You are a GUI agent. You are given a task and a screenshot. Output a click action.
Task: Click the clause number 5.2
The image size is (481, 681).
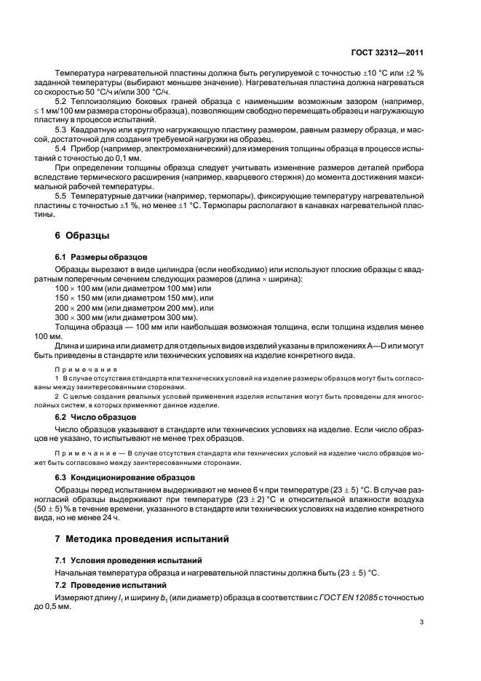[x=62, y=100]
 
